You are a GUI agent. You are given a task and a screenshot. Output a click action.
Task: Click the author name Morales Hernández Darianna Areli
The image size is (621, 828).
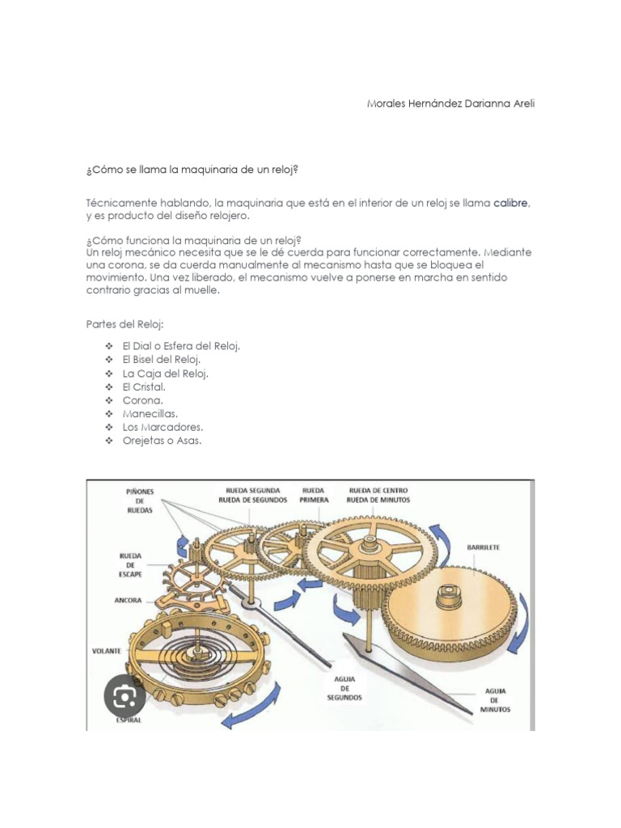tap(450, 103)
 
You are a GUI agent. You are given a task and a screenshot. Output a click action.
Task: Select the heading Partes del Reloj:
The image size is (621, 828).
tap(124, 324)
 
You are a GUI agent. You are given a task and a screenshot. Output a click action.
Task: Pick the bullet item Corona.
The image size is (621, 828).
tap(143, 400)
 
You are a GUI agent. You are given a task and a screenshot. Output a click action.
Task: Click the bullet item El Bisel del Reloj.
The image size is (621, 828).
tap(162, 360)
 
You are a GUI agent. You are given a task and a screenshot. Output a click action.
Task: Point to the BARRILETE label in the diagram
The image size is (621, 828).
tap(483, 547)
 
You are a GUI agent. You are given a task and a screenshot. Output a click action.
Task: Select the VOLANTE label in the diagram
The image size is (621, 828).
tap(107, 650)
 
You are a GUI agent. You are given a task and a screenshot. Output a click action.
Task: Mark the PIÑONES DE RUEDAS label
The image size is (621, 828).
tap(139, 500)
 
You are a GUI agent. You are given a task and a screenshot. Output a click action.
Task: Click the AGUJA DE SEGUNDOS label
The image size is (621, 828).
tap(345, 687)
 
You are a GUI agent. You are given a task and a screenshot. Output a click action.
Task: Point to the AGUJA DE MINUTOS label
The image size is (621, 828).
tap(496, 700)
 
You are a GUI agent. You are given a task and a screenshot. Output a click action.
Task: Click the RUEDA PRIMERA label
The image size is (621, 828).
tap(315, 495)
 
